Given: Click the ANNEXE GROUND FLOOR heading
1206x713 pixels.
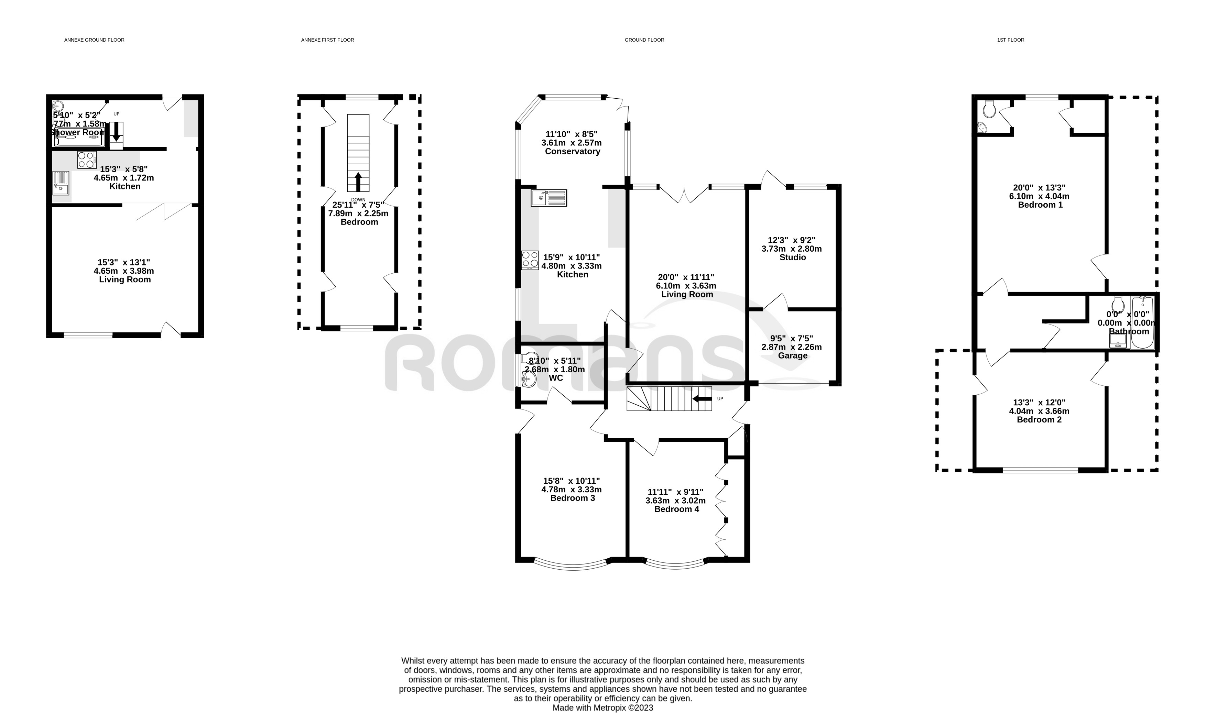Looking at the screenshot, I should point(94,40).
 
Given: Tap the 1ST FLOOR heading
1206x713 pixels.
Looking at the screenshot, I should point(1010,40).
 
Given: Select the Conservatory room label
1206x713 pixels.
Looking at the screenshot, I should point(572,151).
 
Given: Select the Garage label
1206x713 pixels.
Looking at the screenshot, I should point(792,355).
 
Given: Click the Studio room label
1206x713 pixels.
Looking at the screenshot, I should point(792,257).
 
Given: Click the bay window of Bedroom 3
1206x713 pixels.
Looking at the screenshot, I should point(573,566).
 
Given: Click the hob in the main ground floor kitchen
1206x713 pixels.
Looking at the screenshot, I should point(530,260).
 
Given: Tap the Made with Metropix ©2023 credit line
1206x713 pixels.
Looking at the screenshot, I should point(602,707).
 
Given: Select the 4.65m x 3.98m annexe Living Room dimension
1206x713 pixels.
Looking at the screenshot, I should point(124,271).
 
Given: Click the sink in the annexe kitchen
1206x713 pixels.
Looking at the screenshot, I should point(61,183).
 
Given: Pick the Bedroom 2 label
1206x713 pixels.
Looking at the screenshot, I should point(1039,419).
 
